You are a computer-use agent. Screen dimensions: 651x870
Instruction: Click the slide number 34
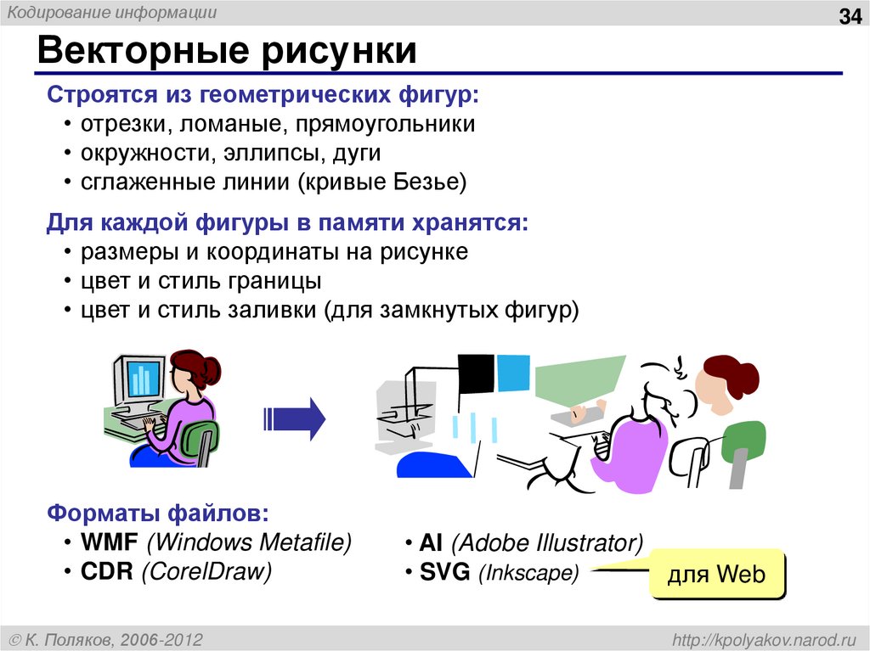849,17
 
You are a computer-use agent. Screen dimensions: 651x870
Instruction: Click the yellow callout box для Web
716,575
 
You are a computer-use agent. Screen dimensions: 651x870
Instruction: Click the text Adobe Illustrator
547,543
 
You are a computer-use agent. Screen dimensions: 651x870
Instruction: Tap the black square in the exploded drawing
475,373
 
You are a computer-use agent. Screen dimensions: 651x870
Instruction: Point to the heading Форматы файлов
158,514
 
